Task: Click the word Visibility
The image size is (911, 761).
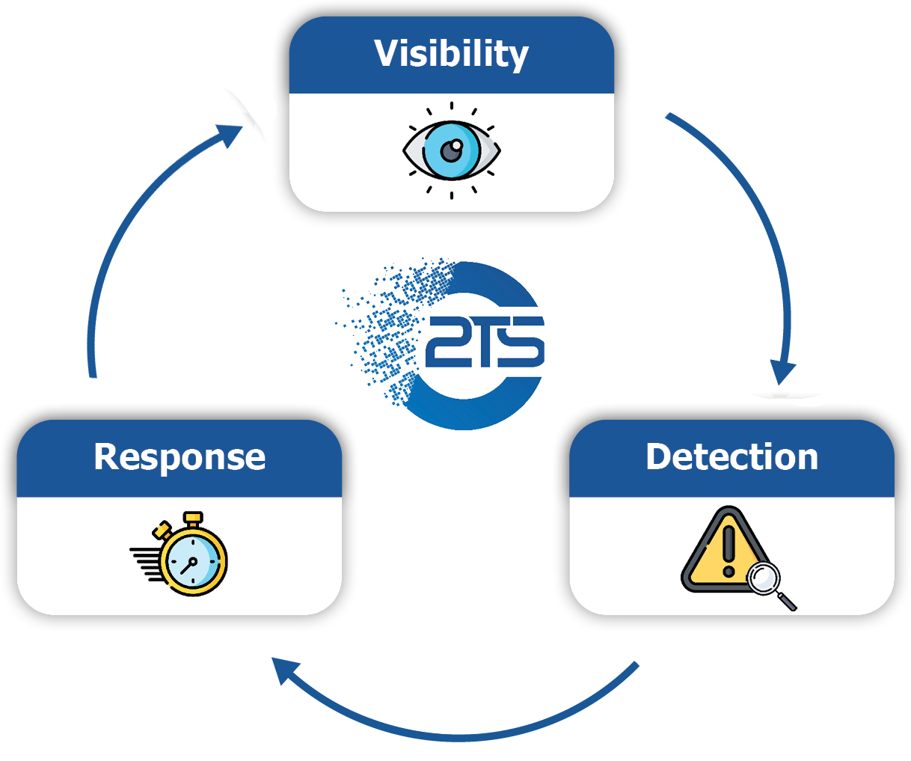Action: [451, 54]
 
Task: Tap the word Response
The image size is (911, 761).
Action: [180, 456]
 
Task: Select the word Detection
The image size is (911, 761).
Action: [731, 456]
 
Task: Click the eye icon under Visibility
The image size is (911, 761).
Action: [451, 150]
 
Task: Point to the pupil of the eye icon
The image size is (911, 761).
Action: [450, 152]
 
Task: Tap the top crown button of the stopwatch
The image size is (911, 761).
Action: [194, 518]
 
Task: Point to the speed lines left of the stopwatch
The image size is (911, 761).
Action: [145, 563]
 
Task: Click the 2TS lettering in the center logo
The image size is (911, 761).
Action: [485, 343]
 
